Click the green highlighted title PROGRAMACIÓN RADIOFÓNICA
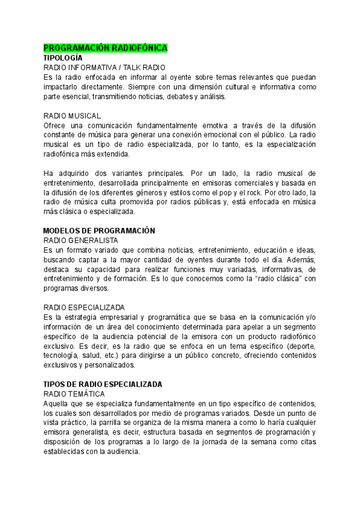[106, 48]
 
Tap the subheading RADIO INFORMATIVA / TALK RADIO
[104, 68]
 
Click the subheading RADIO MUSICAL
[73, 115]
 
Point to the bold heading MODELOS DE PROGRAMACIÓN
[100, 230]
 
